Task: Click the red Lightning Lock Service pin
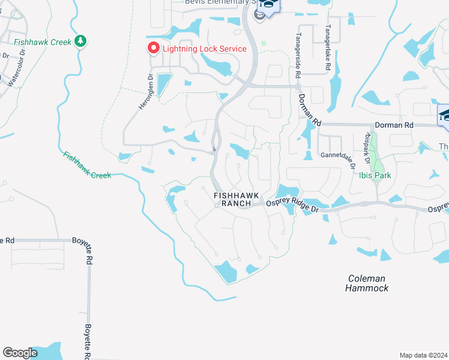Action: (x=153, y=48)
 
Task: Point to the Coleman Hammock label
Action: (x=367, y=283)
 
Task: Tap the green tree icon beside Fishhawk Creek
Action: (x=80, y=41)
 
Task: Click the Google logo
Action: (x=20, y=353)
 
